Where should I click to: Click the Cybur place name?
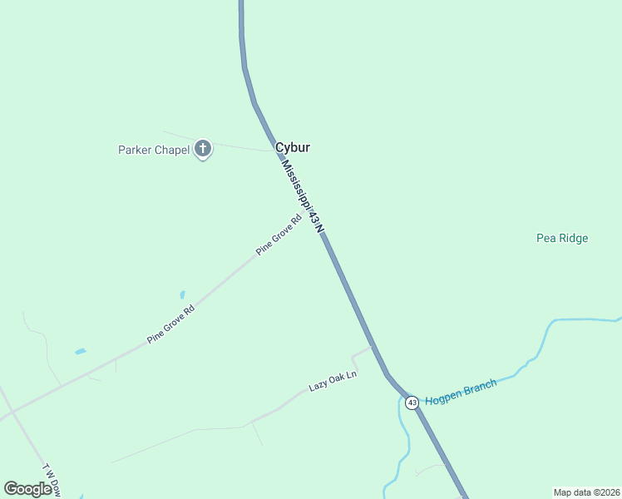(x=293, y=147)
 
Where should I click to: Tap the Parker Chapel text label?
(x=154, y=151)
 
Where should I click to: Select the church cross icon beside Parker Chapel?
(x=202, y=150)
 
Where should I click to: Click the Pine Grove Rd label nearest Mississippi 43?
(x=279, y=235)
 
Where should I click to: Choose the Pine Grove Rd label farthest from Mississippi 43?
(x=170, y=325)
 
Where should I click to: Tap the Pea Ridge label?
(x=562, y=239)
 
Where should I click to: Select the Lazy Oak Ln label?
(x=333, y=381)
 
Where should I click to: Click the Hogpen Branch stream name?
(x=461, y=392)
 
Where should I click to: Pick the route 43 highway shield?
(x=412, y=403)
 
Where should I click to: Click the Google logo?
(x=27, y=489)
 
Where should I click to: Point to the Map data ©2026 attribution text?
(x=586, y=492)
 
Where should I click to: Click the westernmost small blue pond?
(x=80, y=352)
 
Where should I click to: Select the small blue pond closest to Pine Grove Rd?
(x=182, y=295)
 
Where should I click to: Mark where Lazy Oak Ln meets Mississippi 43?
(x=370, y=347)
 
